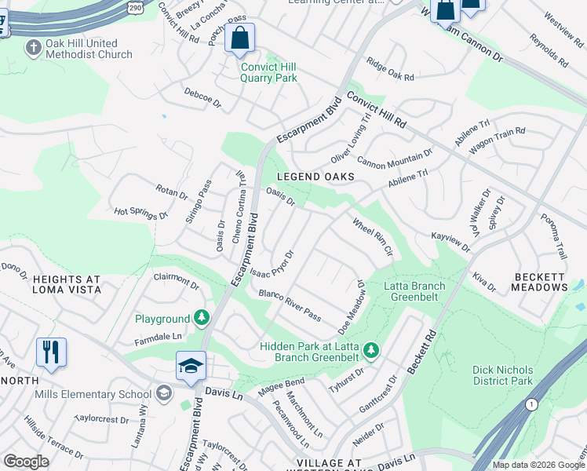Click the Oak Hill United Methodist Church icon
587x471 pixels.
pos(33,49)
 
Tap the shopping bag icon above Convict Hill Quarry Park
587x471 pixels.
pos(239,38)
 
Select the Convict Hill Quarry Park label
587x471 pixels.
pos(268,72)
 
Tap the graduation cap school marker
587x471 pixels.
pos(190,367)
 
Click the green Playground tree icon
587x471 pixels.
pos(202,317)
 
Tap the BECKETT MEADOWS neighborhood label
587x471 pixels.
pos(541,282)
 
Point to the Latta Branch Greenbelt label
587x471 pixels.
pos(414,291)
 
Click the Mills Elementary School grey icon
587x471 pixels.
pos(164,392)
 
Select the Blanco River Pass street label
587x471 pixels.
pos(290,305)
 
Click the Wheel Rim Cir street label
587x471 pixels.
pos(372,238)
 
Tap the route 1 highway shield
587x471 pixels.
pos(533,404)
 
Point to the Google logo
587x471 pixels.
pos(26,462)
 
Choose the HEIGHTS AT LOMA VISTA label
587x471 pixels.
pos(67,283)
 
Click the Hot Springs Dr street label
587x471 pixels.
pos(141,213)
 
